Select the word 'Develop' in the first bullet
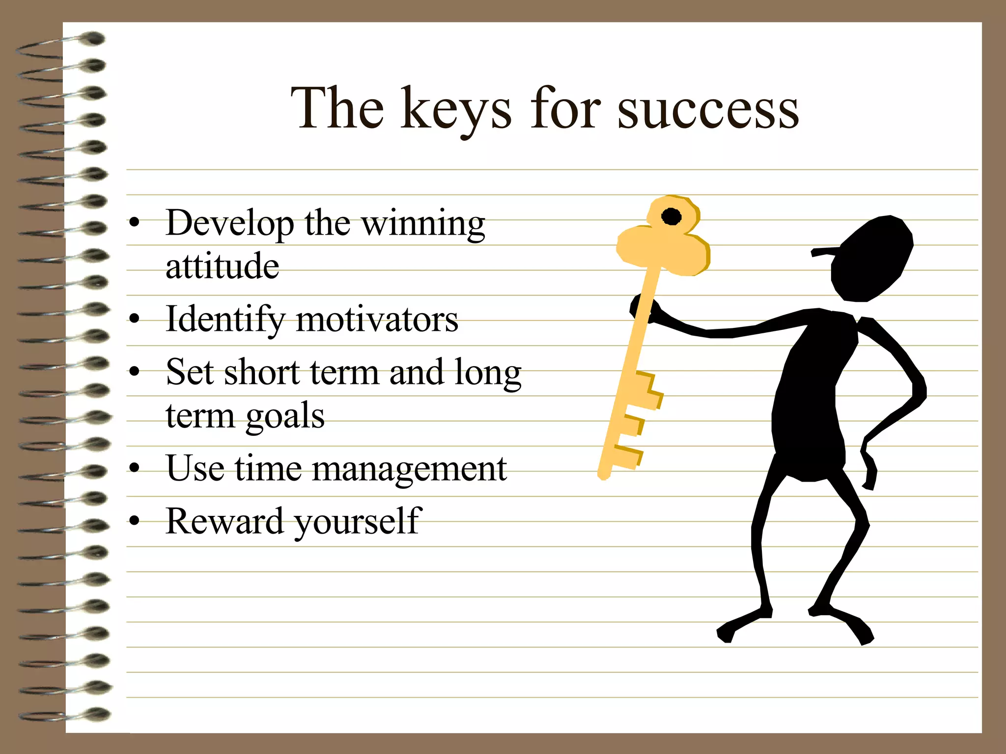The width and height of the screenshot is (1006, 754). point(229,224)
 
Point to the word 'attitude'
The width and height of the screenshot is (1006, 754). point(223,266)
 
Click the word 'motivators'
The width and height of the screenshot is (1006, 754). point(377,320)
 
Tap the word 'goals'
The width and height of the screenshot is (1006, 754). point(285,416)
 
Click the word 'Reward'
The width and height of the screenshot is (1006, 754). point(224,521)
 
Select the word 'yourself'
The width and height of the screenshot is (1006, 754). point(358,522)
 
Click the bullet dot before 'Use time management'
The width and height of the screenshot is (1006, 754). point(134,468)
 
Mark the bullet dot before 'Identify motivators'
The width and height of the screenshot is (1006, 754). point(134,320)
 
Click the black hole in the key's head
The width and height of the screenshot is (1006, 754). point(671,216)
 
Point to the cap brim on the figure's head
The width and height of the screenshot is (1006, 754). point(825,252)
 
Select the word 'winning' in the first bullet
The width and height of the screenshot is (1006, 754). point(423,224)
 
